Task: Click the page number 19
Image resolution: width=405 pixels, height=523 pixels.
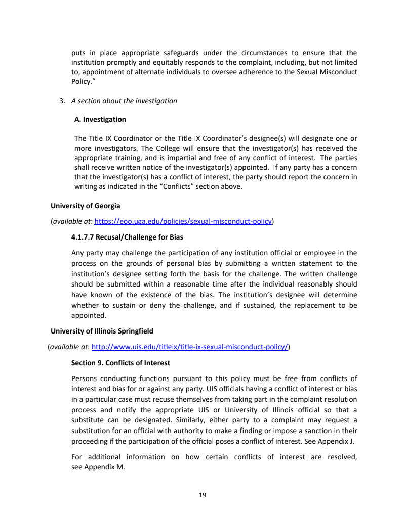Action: click(x=202, y=495)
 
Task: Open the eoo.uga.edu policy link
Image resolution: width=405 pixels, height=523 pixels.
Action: click(x=184, y=221)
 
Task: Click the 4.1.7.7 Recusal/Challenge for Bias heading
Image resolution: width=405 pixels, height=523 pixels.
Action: click(x=127, y=236)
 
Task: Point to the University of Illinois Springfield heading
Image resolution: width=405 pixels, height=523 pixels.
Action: click(x=102, y=331)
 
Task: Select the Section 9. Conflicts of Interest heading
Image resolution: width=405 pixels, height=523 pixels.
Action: click(x=120, y=363)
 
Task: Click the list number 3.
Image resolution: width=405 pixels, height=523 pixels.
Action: click(x=62, y=101)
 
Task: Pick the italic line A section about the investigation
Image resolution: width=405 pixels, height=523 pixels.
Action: click(x=124, y=101)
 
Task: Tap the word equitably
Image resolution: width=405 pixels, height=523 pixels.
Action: click(x=162, y=62)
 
